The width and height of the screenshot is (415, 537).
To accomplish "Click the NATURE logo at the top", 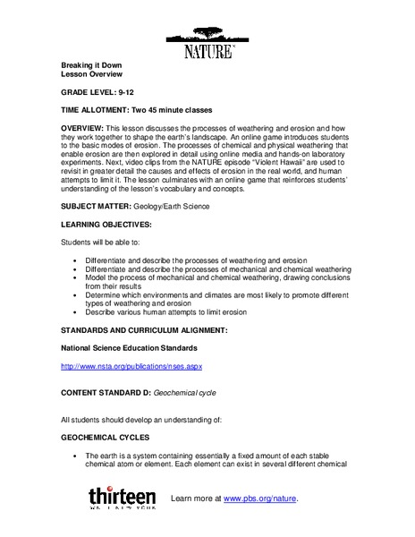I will coord(207,44).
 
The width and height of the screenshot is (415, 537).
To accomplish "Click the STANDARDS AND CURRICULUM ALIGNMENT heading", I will coord(144,330).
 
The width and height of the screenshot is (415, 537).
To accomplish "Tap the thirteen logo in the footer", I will coord(122,498).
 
